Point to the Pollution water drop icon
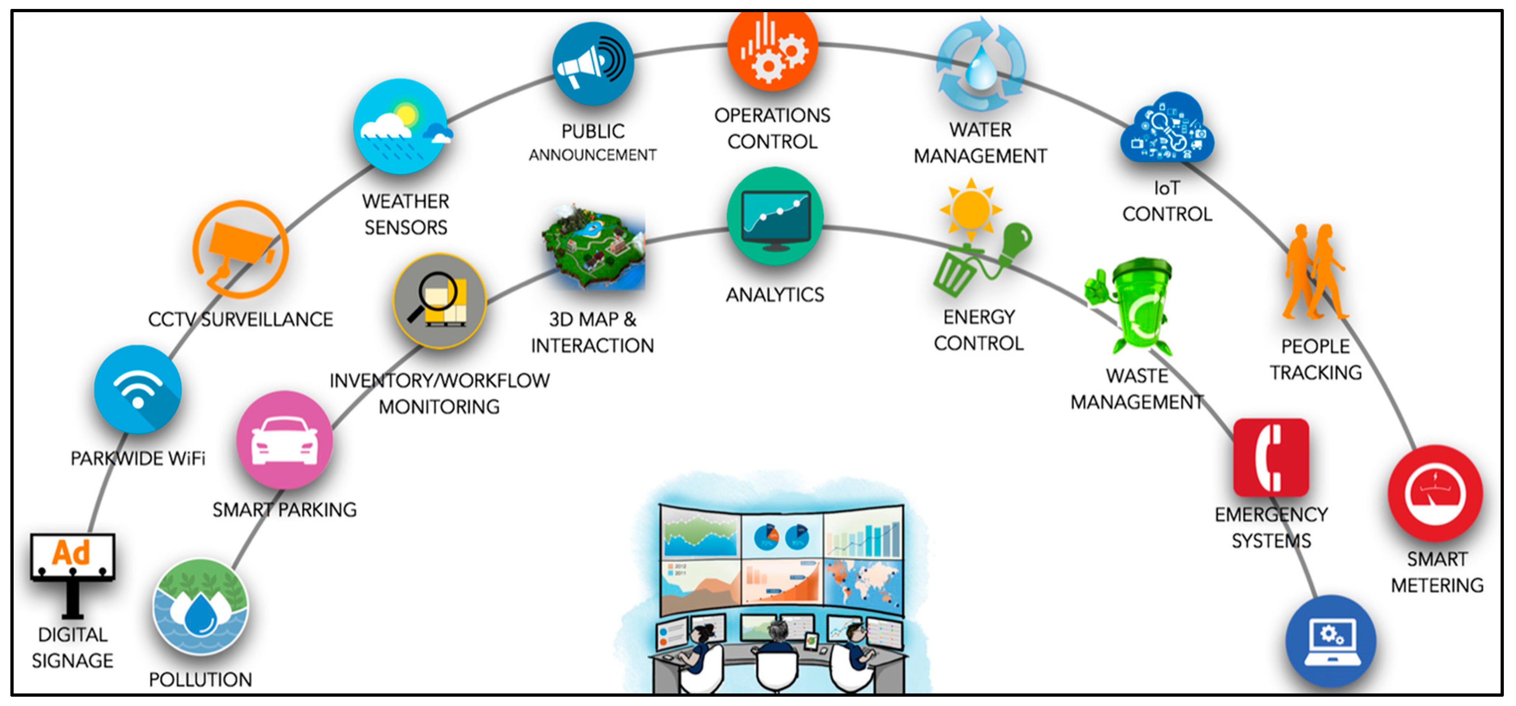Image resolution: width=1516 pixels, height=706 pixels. pyautogui.click(x=200, y=608)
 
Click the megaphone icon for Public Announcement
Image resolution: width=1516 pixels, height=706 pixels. pyautogui.click(x=593, y=63)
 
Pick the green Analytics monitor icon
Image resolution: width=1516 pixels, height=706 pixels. pyautogui.click(x=774, y=216)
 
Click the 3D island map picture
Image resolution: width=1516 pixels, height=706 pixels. pyautogui.click(x=593, y=247)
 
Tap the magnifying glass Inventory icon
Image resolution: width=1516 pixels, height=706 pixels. pyautogui.click(x=439, y=301)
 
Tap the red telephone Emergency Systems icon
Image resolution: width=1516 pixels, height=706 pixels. pyautogui.click(x=1270, y=458)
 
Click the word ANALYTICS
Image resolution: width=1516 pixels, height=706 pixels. pyautogui.click(x=774, y=294)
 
